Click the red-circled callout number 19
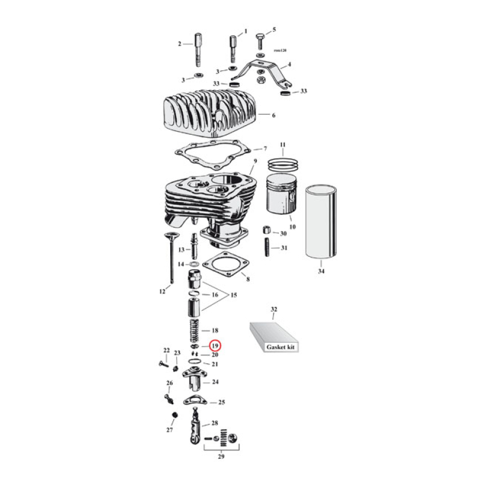tap(215, 346)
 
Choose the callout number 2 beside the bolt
tap(179, 44)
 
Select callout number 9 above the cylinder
tap(254, 161)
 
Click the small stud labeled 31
tap(266, 248)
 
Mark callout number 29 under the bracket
tap(222, 458)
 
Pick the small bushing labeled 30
tap(265, 231)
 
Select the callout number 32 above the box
tap(274, 310)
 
